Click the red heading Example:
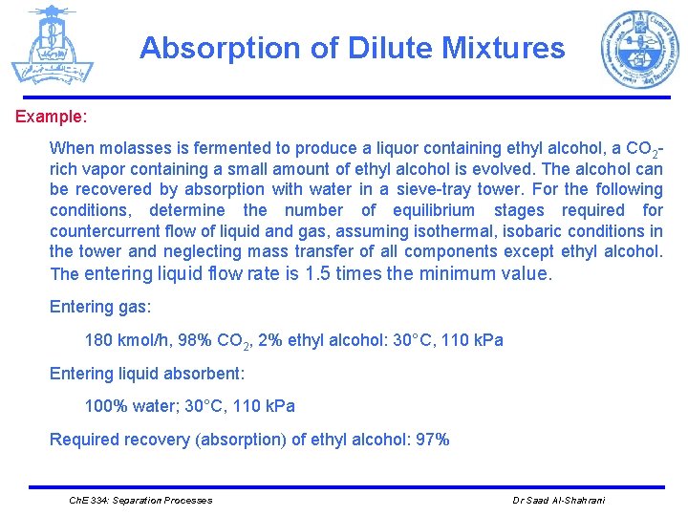(x=51, y=118)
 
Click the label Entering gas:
(x=100, y=308)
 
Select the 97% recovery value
(x=429, y=440)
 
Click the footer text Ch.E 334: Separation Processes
(x=141, y=501)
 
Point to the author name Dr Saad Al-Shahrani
(x=559, y=501)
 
